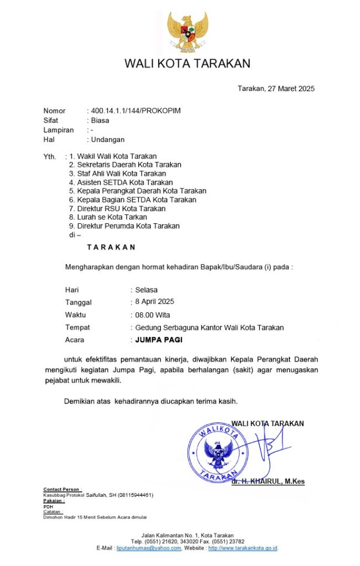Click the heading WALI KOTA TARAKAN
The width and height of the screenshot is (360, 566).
pos(187,63)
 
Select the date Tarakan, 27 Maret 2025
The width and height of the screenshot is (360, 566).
pos(276,88)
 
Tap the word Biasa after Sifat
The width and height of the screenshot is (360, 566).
pos(100,120)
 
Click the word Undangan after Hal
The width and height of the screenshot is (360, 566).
pos(108,139)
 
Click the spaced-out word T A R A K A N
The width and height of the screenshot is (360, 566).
pos(111,247)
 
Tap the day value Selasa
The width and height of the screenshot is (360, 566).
pos(147,290)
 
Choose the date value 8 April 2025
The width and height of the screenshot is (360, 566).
pos(155,302)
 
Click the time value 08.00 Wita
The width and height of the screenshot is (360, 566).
pos(153,315)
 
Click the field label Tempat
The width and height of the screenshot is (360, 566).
pos(77,327)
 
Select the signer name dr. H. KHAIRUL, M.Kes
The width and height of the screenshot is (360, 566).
pos(268,481)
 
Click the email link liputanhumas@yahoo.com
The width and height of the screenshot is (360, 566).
pos(149,548)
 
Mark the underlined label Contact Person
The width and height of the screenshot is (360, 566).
pos(62,490)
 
